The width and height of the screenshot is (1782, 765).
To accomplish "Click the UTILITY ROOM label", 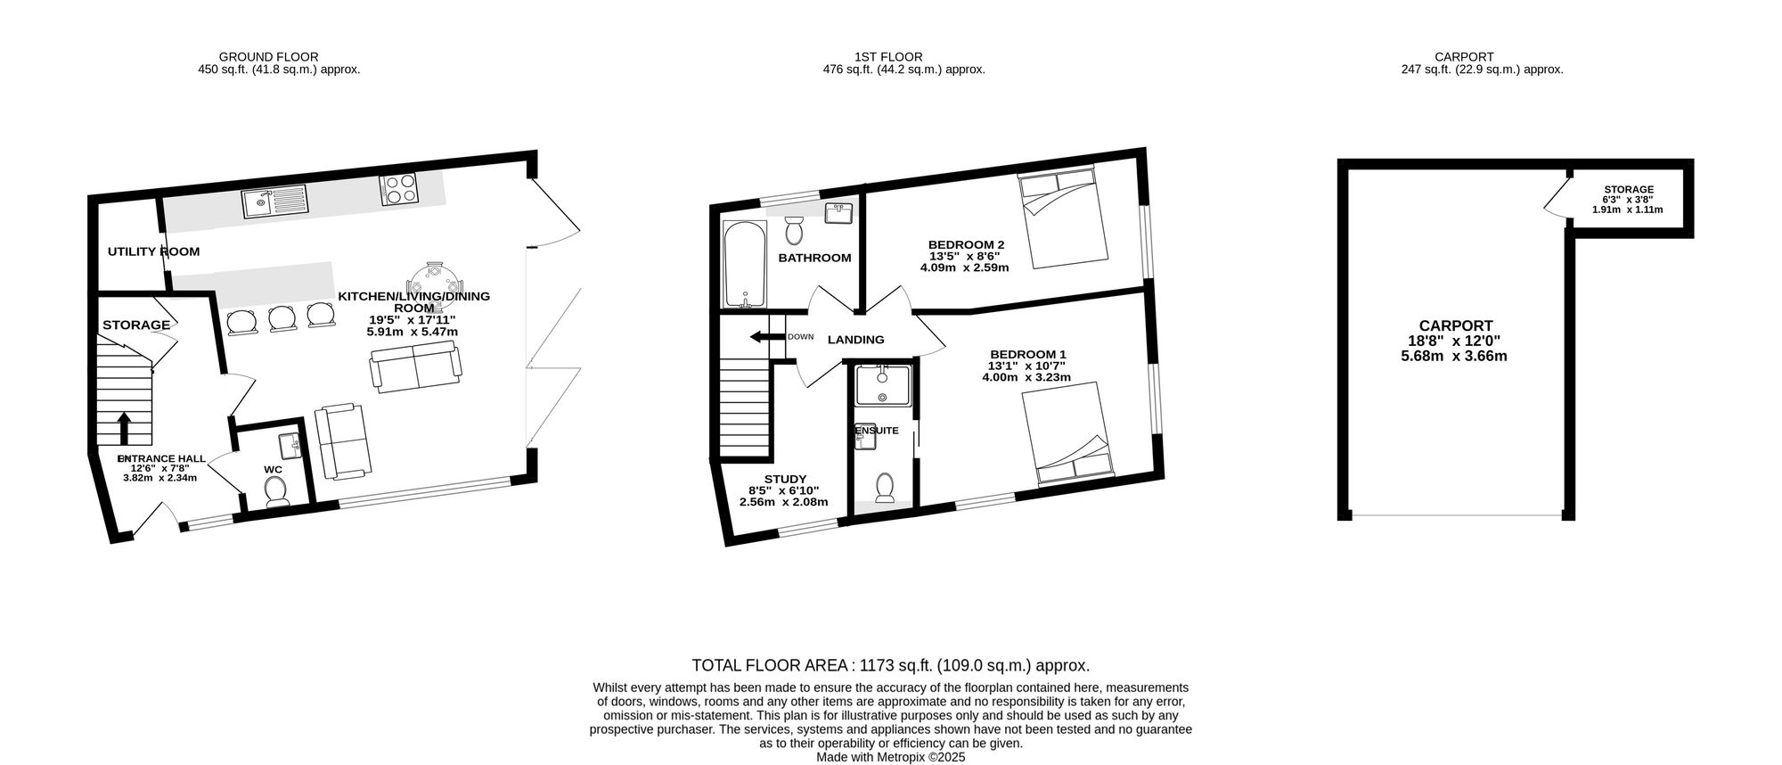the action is click(x=153, y=251).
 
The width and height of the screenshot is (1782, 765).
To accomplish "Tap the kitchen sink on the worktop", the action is click(x=274, y=204).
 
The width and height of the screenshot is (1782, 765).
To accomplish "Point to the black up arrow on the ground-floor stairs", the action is click(x=124, y=428).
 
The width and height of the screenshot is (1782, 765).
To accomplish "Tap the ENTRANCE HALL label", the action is click(x=162, y=458).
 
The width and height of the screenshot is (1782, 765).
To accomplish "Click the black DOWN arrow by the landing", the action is click(x=766, y=337).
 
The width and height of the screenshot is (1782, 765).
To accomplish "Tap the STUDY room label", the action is click(x=785, y=478).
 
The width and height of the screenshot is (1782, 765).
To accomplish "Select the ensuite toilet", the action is click(x=885, y=488).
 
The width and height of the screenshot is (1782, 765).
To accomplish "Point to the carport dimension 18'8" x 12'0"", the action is click(x=1456, y=341).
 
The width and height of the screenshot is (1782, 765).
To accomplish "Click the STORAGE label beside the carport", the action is click(x=1629, y=190).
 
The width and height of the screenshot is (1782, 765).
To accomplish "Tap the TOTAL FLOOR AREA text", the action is click(x=891, y=665).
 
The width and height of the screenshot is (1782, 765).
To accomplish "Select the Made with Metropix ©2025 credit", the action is click(x=891, y=757).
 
